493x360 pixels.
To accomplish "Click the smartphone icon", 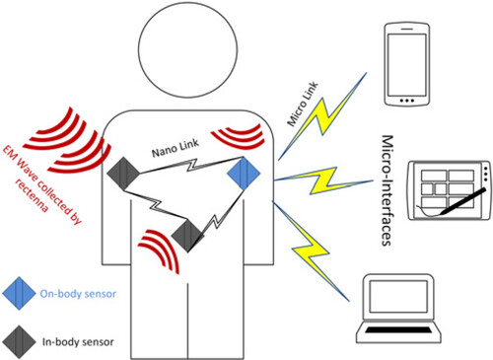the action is click(407, 64).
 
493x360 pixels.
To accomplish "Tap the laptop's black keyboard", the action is click(398, 330).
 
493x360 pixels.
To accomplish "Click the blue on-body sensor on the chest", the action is click(244, 174).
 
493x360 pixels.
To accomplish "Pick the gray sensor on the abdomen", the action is click(188, 236).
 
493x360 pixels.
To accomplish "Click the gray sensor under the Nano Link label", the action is click(123, 174).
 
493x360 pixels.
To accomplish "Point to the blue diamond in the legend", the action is click(19, 293).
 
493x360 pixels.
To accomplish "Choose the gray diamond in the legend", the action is click(19, 342).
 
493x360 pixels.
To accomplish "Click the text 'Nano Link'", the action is click(176, 148).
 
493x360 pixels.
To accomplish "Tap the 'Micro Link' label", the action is click(303, 104).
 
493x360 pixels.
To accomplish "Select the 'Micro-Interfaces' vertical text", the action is click(387, 190).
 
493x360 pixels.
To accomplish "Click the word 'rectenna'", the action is click(32, 196).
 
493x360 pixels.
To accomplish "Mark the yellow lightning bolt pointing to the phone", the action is click(322, 116).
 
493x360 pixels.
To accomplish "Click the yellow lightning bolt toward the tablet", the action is click(323, 180).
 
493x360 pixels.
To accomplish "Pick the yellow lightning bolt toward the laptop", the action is click(311, 251).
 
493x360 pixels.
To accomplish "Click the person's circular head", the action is click(187, 48).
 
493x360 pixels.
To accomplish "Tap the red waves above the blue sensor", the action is click(239, 136).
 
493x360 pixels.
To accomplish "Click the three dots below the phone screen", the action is click(407, 101).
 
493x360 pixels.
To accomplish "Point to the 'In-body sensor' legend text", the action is click(78, 342).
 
